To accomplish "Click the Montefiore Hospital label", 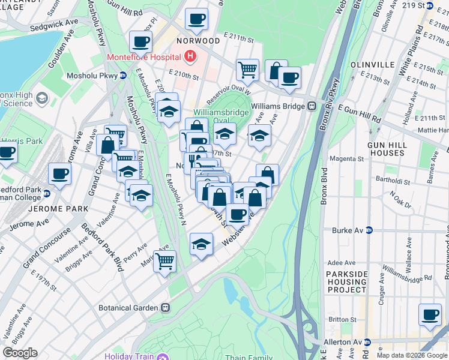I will (x=144, y=58).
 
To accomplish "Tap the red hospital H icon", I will (x=190, y=58).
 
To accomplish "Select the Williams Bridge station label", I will (x=279, y=106).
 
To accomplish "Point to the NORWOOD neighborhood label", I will (x=197, y=41).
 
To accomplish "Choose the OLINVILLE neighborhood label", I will (x=374, y=65).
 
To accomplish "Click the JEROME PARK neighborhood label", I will (x=62, y=209).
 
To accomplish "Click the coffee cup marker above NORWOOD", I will (x=196, y=19).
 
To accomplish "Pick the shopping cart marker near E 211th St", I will (x=247, y=70).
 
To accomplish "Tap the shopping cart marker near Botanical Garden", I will (x=164, y=262).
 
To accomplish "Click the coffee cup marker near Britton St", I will (x=429, y=315).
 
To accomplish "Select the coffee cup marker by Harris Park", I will (x=7, y=152).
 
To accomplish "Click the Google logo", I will (x=20, y=353).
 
